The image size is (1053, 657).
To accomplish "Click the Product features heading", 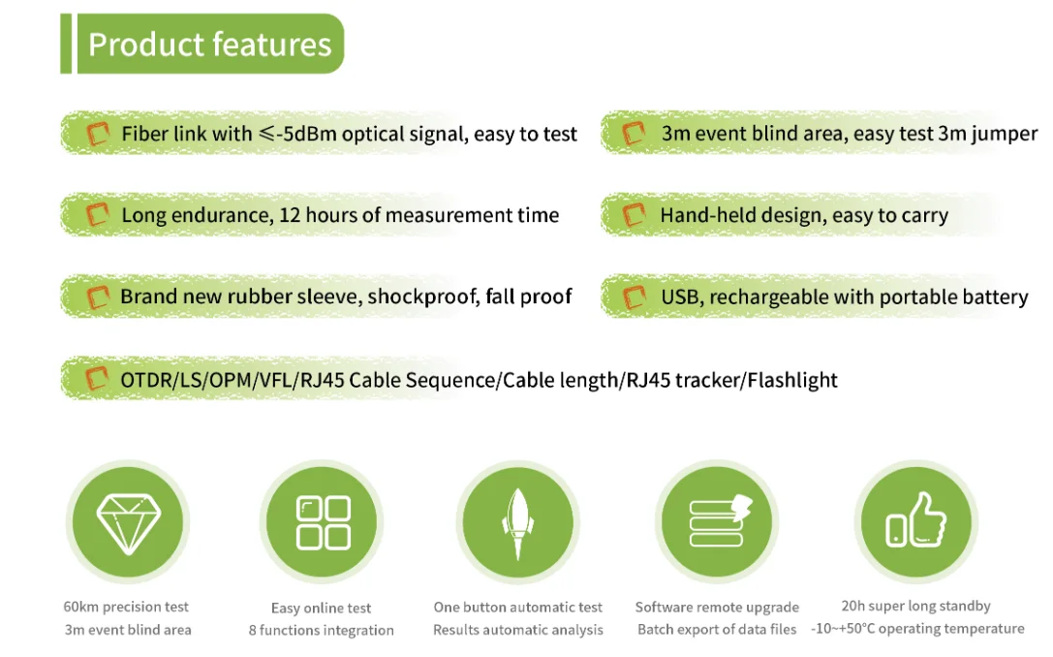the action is tap(209, 45).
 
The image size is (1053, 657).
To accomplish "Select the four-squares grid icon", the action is tap(323, 522).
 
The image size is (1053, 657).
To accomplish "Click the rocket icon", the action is tap(517, 523).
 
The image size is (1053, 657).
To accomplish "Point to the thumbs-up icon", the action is tap(915, 519).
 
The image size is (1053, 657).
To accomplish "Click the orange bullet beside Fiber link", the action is tap(98, 134).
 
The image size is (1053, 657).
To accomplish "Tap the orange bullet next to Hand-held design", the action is tap(634, 215).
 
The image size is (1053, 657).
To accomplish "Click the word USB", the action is tap(681, 297).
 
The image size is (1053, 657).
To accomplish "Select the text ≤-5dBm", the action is tap(297, 134).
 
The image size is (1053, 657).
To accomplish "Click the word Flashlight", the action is tap(792, 380).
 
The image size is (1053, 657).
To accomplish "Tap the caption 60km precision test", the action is tap(126, 607).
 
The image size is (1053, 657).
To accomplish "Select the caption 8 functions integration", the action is tap(321, 630).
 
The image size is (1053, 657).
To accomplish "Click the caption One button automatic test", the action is tap(517, 608).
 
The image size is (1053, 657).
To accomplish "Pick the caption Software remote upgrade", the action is tap(717, 608).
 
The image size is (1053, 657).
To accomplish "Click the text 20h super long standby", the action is tap(916, 606).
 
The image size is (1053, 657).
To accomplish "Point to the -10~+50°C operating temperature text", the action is tap(917, 629).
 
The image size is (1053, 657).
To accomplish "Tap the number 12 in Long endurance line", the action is tap(290, 215).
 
